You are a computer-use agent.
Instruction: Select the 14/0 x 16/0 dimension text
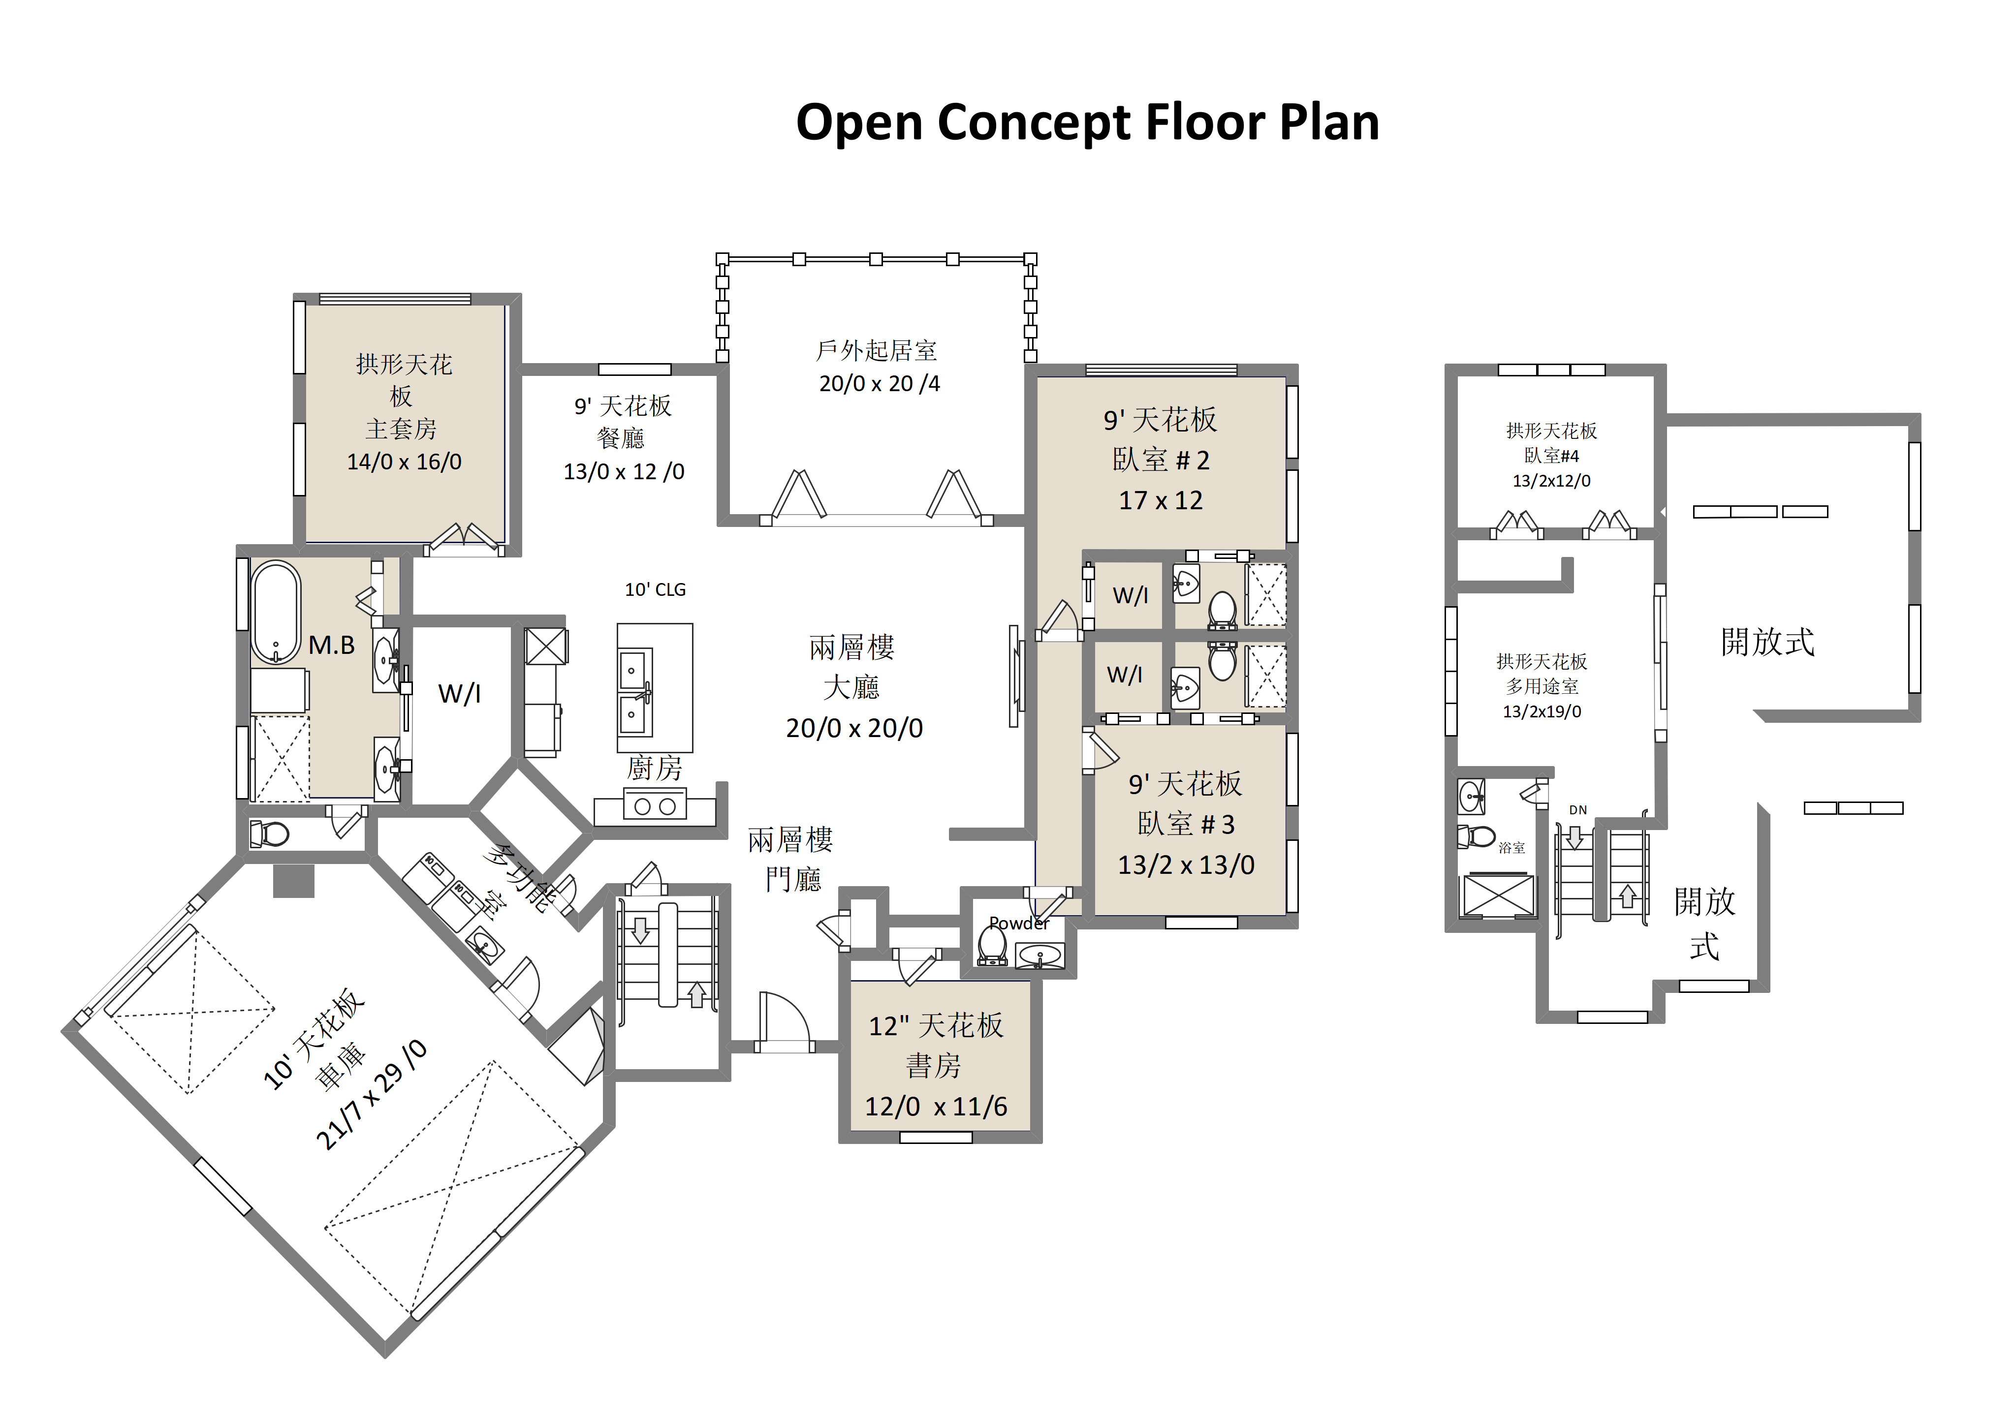click(x=404, y=462)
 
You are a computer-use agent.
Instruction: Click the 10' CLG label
click(x=655, y=590)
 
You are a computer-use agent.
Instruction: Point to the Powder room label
click(x=1019, y=923)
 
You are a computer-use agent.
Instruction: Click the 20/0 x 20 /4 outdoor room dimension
click(x=880, y=383)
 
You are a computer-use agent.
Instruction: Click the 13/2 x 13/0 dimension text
click(x=1186, y=865)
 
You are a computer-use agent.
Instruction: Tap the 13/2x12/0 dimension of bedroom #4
click(x=1551, y=481)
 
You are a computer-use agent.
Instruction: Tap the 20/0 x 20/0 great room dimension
click(x=854, y=728)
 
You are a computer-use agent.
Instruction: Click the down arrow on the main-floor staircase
click(x=641, y=930)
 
